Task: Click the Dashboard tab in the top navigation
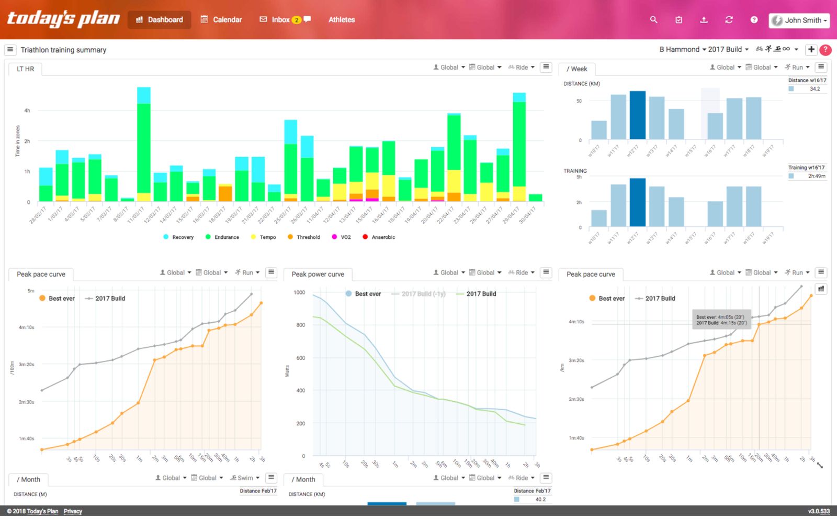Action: [x=160, y=20]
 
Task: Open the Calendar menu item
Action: [x=221, y=20]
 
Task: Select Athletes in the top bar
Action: [x=342, y=20]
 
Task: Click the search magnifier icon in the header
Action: [x=653, y=20]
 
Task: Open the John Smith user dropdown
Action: [x=799, y=20]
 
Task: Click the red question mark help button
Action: [x=825, y=50]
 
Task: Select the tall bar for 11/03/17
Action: [x=144, y=147]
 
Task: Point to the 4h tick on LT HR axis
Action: [x=27, y=111]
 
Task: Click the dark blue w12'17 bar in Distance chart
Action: [x=637, y=115]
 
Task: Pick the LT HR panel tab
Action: [x=25, y=69]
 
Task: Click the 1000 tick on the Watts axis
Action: [x=299, y=293]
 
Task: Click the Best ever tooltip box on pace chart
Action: [x=721, y=320]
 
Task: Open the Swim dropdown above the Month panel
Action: [x=245, y=478]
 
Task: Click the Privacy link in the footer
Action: [x=73, y=511]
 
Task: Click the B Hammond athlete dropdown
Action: [x=682, y=49]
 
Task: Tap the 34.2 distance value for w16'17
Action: [x=815, y=89]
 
